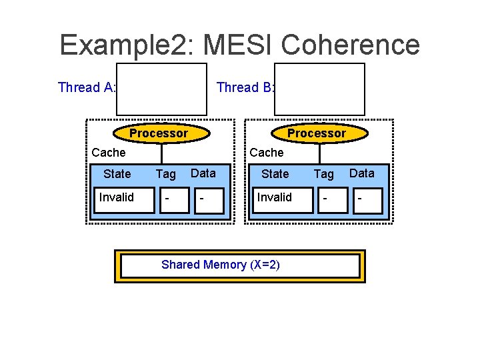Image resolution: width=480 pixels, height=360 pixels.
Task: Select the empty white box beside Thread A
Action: [x=161, y=89]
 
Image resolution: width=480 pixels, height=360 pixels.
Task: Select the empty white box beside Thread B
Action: [x=320, y=89]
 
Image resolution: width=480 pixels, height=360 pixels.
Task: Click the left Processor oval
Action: [x=158, y=133]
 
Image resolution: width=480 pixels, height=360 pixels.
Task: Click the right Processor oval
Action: [x=316, y=133]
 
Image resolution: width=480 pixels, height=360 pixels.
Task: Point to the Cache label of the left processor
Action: [x=108, y=153]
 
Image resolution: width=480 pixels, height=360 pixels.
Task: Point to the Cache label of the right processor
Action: [x=266, y=153]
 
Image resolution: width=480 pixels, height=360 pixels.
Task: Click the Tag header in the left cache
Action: [x=165, y=174]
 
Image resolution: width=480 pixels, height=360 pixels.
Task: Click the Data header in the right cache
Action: [x=362, y=173]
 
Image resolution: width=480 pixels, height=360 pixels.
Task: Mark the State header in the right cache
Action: [x=275, y=174]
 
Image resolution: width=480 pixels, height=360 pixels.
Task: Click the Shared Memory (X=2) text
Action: [x=221, y=265]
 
